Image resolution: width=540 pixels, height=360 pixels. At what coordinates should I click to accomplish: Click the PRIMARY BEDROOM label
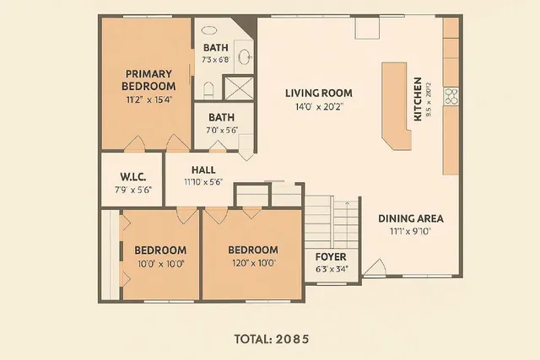click(148, 79)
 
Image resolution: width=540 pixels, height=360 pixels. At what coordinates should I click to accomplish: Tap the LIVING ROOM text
click(318, 94)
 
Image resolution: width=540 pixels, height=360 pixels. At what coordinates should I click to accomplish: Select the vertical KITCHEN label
click(418, 99)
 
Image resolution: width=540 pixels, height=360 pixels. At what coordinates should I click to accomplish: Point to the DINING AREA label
click(410, 218)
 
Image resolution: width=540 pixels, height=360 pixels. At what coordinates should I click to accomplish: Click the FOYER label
click(330, 257)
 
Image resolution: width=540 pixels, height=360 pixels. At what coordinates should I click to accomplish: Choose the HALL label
click(203, 169)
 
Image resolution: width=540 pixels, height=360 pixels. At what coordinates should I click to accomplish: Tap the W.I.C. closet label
click(133, 176)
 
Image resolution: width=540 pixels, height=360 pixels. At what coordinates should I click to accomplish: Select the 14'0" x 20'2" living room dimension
click(318, 107)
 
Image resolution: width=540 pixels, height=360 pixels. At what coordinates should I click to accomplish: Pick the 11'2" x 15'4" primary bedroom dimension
click(148, 99)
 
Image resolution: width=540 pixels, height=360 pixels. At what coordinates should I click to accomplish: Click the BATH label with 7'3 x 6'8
click(215, 47)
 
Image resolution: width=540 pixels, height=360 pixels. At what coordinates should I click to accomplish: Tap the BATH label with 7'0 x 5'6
click(221, 117)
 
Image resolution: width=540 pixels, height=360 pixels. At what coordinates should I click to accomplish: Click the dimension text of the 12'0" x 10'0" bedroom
click(252, 264)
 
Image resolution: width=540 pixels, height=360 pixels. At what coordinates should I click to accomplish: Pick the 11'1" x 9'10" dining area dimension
click(410, 231)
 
